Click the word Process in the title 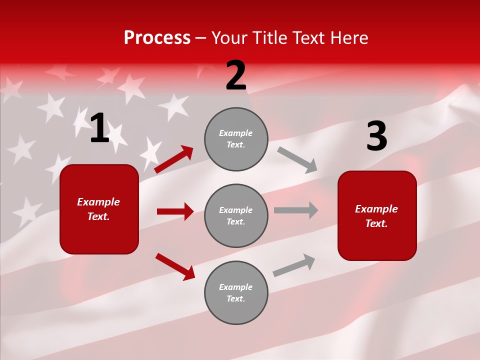(157, 38)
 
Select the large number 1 (99, 128)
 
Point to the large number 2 (236, 75)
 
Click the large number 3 (376, 136)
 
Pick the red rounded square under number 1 (99, 209)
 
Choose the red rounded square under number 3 (377, 215)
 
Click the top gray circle (236, 139)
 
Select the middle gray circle (236, 215)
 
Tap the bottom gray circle (236, 292)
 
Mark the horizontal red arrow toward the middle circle (175, 211)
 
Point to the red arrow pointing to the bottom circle (175, 266)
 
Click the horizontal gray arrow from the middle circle (296, 210)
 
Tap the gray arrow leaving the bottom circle (294, 265)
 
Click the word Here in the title (348, 38)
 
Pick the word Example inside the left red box (98, 202)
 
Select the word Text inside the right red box (376, 223)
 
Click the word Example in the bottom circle (235, 287)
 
